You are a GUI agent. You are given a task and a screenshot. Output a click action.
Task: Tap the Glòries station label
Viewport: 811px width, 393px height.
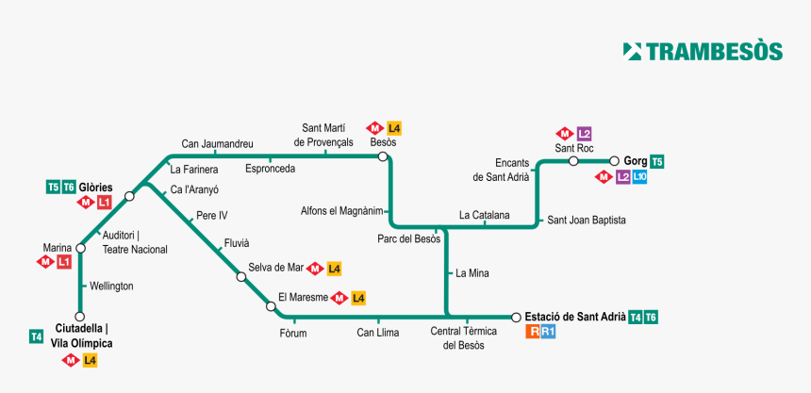pos(96,187)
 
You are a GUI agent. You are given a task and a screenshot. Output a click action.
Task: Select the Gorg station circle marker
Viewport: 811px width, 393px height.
pos(614,161)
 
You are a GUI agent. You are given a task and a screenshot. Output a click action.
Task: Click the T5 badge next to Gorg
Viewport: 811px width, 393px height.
pos(657,162)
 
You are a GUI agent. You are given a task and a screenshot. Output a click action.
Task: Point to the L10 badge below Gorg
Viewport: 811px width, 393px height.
pos(639,177)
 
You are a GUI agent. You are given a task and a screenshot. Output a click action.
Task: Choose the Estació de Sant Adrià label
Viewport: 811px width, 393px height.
pos(574,317)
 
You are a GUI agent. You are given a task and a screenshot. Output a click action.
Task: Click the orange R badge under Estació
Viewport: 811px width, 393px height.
pos(534,332)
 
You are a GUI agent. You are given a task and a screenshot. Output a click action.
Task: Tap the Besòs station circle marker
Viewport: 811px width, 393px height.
pos(383,156)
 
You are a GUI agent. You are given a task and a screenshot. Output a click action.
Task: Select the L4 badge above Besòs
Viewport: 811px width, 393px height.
pos(394,128)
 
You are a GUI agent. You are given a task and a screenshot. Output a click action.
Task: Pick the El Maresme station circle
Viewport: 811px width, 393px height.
pos(272,306)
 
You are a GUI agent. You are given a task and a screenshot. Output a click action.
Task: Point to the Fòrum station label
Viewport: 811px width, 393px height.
pos(293,333)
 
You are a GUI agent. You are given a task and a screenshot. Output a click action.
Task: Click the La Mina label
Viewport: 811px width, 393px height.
pos(472,274)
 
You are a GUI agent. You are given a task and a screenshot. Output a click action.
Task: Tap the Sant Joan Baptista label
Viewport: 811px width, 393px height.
pos(587,220)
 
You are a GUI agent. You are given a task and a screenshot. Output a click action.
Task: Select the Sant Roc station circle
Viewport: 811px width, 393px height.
pos(573,161)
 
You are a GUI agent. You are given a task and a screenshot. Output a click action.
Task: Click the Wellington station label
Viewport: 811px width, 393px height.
pos(111,286)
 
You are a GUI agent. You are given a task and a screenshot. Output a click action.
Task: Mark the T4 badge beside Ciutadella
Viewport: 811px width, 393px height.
pos(37,336)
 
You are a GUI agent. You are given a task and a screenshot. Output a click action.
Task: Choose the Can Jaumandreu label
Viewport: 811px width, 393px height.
pos(217,144)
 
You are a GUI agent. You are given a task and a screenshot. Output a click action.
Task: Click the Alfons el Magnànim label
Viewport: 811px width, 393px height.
pos(342,210)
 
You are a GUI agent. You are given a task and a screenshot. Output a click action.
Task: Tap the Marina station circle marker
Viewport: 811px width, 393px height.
pos(80,248)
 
